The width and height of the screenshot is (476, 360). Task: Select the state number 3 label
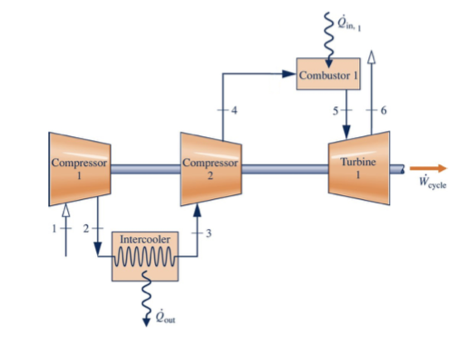point(211,231)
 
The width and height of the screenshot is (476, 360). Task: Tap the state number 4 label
point(236,110)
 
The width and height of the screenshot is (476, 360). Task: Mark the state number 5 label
point(333,109)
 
